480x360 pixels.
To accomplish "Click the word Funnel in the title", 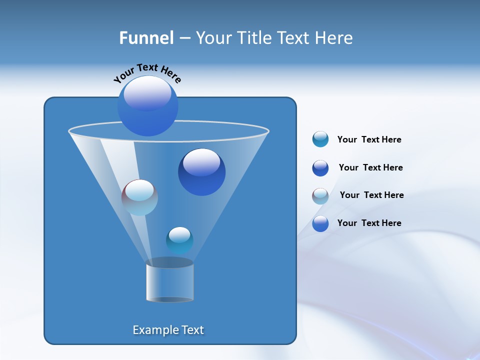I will point(146,38).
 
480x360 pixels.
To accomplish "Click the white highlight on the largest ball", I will point(147,93).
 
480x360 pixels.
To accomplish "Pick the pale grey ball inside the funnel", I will point(139,198).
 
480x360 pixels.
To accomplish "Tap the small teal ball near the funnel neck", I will point(179,240).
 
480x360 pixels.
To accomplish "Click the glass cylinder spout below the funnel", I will point(169,281).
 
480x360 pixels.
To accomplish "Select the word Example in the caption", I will point(153,330).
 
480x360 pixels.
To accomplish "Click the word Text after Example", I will point(191,330).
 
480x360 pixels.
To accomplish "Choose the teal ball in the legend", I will point(320,139).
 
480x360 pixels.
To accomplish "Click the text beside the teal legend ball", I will point(369,140).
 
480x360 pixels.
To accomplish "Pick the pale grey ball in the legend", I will point(320,196).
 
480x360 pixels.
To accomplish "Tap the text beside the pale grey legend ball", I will point(371,195).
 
